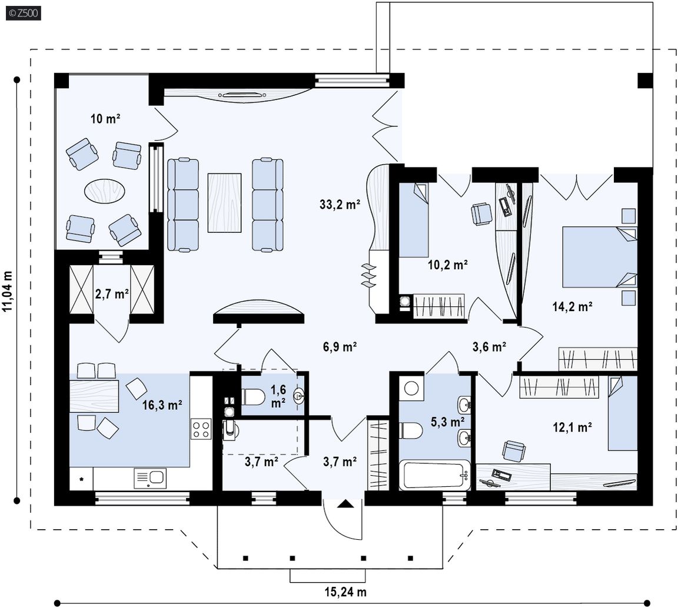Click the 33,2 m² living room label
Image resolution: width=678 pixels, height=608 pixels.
pyautogui.click(x=340, y=204)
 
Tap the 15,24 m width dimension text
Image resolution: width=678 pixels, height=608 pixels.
pyautogui.click(x=345, y=592)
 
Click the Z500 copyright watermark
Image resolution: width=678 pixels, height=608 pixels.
pyautogui.click(x=24, y=13)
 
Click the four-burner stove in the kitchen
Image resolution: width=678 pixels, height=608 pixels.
pyautogui.click(x=201, y=429)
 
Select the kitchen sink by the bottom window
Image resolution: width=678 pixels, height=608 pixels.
pyautogui.click(x=150, y=479)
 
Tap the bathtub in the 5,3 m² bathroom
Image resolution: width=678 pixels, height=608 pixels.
pyautogui.click(x=434, y=475)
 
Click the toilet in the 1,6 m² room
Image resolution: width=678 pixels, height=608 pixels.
pyautogui.click(x=252, y=397)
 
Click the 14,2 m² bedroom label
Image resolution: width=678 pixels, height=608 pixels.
pyautogui.click(x=572, y=306)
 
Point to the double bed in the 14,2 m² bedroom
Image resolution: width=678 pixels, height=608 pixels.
pyautogui.click(x=600, y=257)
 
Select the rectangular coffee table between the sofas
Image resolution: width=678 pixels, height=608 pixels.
pyautogui.click(x=224, y=203)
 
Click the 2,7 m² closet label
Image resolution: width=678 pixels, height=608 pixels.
pyautogui.click(x=112, y=294)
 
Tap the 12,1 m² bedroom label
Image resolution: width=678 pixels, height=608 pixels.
pyautogui.click(x=572, y=427)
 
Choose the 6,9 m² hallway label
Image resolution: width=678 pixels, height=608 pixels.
pyautogui.click(x=340, y=346)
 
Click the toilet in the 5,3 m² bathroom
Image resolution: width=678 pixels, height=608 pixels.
pyautogui.click(x=411, y=430)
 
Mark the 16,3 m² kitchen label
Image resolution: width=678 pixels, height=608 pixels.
pyautogui.click(x=162, y=405)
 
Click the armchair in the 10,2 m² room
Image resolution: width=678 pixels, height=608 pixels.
pyautogui.click(x=481, y=213)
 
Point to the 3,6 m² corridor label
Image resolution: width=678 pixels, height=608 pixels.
pyautogui.click(x=489, y=346)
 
